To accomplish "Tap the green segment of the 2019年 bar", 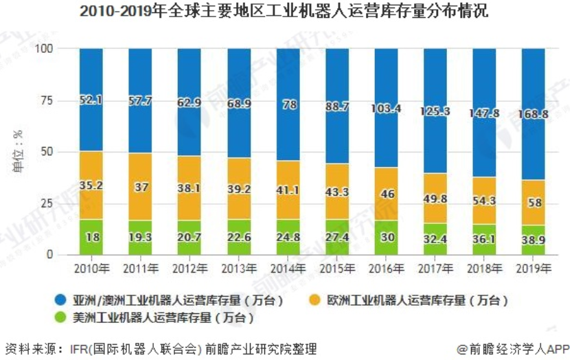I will [536, 240].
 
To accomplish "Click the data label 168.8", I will [536, 114].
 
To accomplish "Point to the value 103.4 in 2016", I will [387, 109].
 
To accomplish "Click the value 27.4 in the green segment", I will [338, 238].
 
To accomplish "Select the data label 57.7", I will [140, 100].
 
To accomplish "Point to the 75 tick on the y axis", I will [47, 100].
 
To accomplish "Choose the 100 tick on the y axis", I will [45, 49].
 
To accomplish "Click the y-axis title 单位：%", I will [20, 152].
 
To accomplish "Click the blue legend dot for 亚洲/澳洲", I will [60, 301].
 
